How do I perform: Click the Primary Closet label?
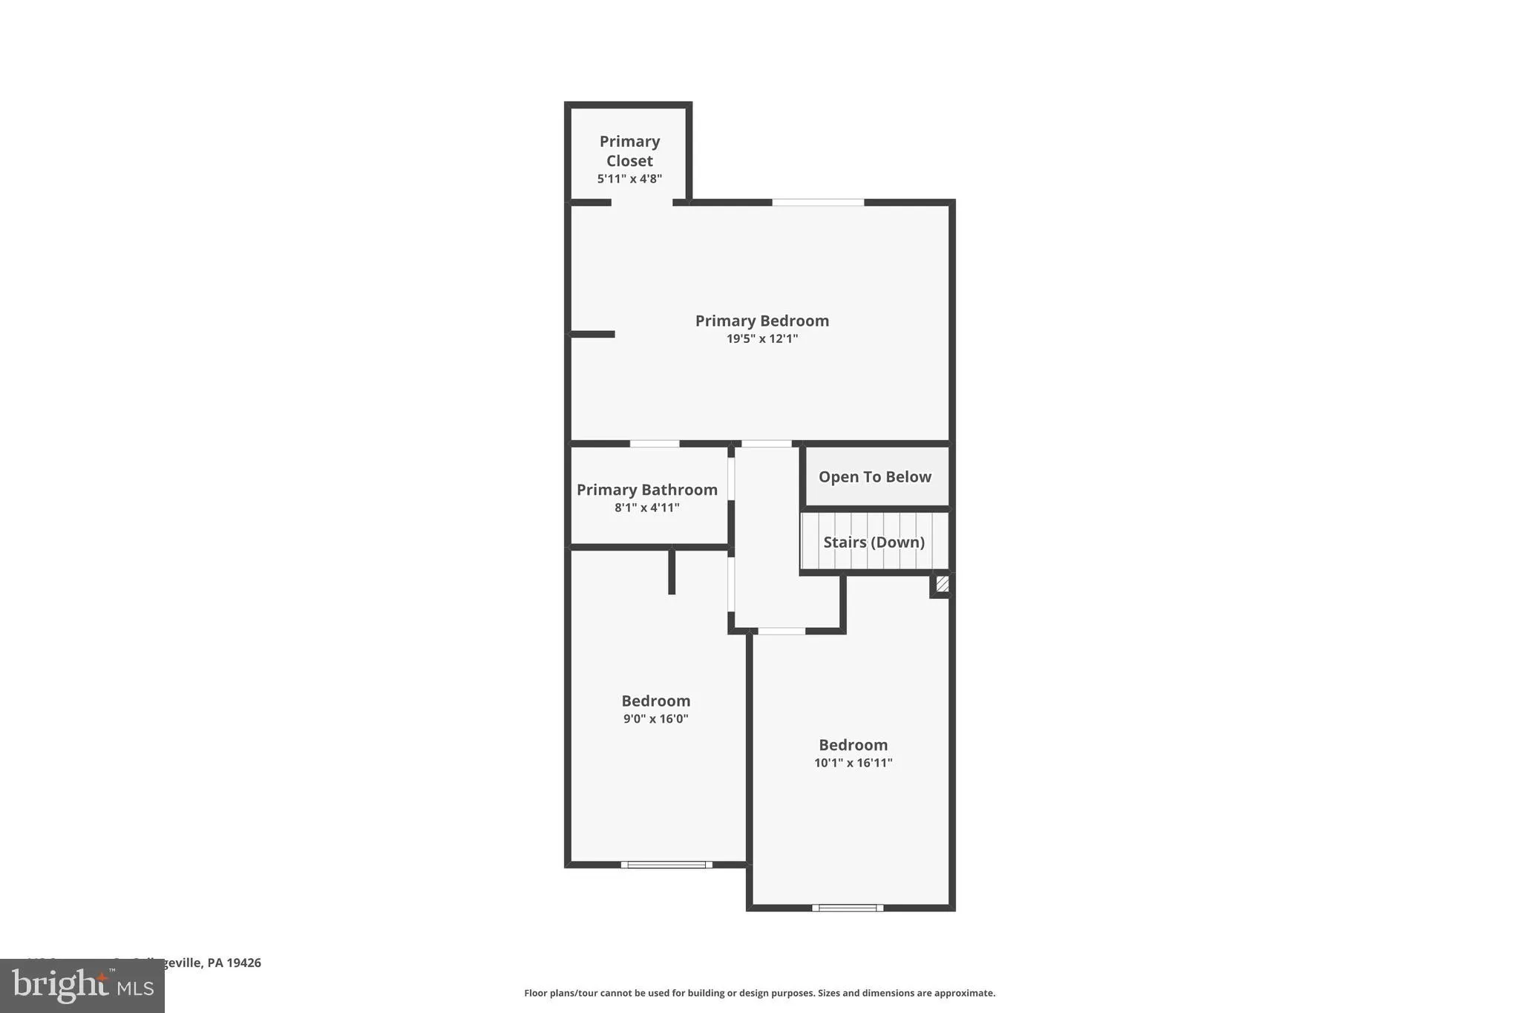[629, 151]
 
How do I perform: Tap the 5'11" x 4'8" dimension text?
[629, 179]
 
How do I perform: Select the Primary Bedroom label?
[761, 321]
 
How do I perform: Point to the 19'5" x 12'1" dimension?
[761, 339]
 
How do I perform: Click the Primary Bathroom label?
[646, 490]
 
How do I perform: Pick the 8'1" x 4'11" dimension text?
[646, 508]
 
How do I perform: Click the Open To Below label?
[874, 477]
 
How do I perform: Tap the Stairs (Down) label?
[874, 542]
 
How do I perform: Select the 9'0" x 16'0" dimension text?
[655, 719]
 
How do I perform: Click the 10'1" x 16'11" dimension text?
[853, 763]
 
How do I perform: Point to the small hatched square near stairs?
[942, 584]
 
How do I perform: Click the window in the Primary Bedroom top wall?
[818, 202]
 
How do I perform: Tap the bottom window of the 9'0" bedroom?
[666, 865]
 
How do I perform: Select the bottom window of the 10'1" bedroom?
[848, 908]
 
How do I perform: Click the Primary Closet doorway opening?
[642, 203]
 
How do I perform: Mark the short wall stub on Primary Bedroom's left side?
[592, 335]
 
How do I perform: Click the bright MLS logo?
[82, 986]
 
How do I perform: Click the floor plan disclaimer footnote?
[759, 993]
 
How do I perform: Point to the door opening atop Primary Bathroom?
[655, 444]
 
